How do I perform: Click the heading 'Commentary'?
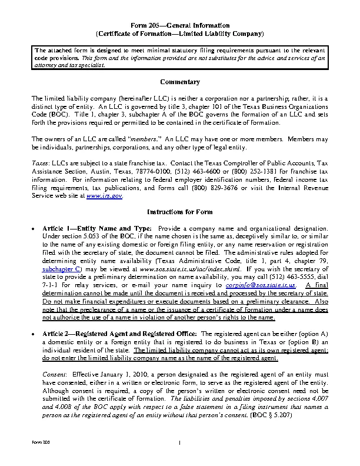pos(179,82)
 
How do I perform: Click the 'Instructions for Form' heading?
pos(179,211)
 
